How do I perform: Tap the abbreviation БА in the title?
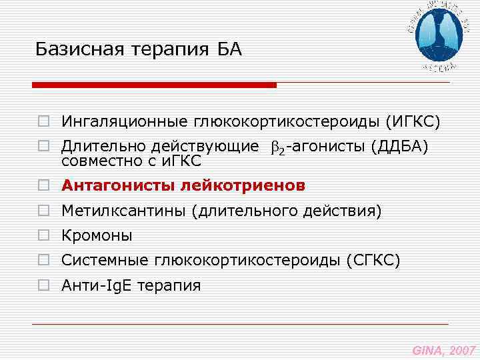(229, 49)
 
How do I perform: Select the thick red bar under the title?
(154, 85)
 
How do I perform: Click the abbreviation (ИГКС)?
(411, 122)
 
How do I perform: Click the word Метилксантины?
(124, 212)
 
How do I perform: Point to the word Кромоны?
(97, 236)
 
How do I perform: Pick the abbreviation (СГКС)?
(373, 261)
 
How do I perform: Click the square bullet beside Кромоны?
(43, 236)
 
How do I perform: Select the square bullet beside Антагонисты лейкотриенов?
(43, 186)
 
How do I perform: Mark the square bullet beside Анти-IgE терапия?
(43, 286)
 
